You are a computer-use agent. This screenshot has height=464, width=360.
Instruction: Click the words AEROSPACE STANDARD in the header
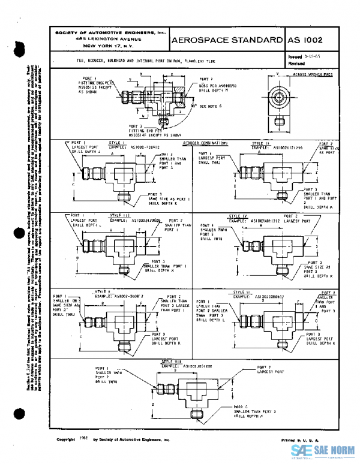click(227, 40)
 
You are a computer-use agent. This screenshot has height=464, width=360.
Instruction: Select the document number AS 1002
click(305, 40)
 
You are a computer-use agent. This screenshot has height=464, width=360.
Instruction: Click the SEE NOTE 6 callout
click(191, 106)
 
